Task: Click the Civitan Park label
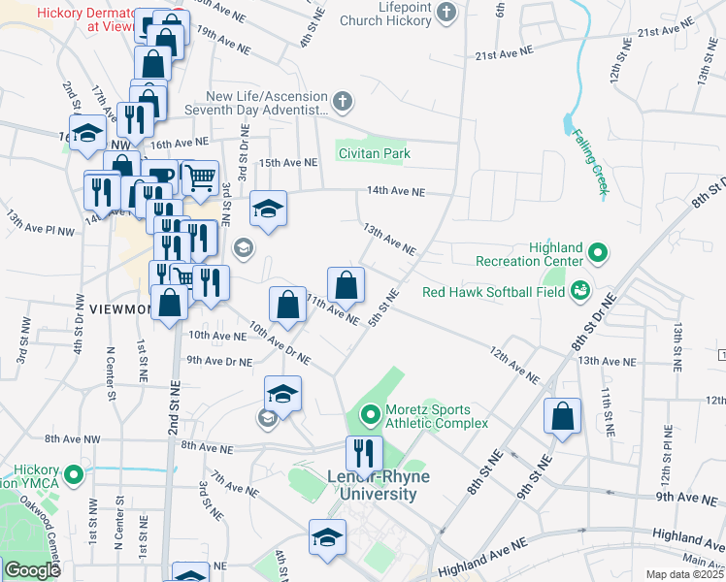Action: click(x=374, y=153)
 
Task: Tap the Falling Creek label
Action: click(x=589, y=162)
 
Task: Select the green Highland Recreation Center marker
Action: click(x=598, y=254)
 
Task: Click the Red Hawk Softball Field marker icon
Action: click(x=580, y=289)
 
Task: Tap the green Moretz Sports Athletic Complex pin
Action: click(x=370, y=417)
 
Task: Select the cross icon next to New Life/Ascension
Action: click(x=341, y=100)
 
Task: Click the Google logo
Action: click(x=31, y=570)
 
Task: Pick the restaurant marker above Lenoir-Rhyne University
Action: click(x=365, y=453)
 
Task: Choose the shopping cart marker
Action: click(x=200, y=178)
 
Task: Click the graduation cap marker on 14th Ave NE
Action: click(x=268, y=208)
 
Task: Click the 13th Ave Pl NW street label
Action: click(x=40, y=223)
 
